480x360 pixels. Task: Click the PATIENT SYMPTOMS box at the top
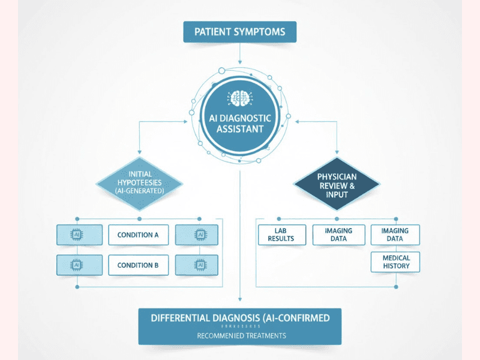[239, 31]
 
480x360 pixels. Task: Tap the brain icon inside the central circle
[239, 98]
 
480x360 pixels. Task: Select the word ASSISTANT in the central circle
[240, 128]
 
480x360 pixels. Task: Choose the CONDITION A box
[138, 235]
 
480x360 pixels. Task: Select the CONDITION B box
[138, 265]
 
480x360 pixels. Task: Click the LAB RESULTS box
[281, 235]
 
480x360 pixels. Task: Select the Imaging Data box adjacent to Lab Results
[338, 235]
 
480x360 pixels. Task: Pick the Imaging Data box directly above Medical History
[395, 235]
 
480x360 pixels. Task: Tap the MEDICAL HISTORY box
[395, 262]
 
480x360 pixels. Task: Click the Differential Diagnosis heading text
[239, 318]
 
